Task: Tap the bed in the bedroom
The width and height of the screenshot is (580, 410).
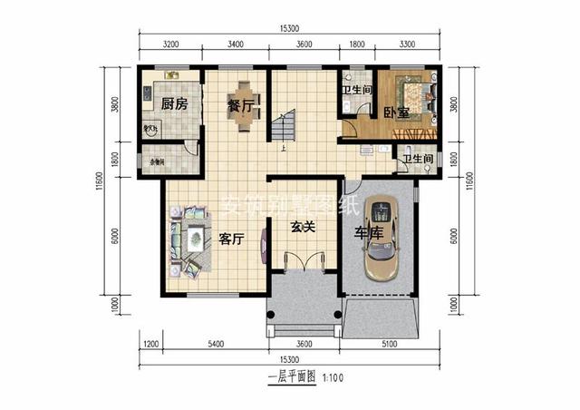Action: [412, 96]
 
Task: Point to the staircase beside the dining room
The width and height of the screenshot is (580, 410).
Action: [287, 126]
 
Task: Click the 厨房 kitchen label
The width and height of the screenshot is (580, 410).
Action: [174, 104]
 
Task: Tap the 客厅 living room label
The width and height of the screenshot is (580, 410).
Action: [231, 239]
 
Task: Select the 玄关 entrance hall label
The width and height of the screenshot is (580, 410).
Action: [302, 227]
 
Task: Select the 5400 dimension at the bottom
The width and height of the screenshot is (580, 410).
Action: [216, 345]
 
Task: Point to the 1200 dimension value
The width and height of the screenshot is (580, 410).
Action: [150, 345]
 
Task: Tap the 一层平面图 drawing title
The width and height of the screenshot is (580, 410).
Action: [290, 376]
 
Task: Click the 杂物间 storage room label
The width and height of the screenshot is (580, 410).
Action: [156, 162]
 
